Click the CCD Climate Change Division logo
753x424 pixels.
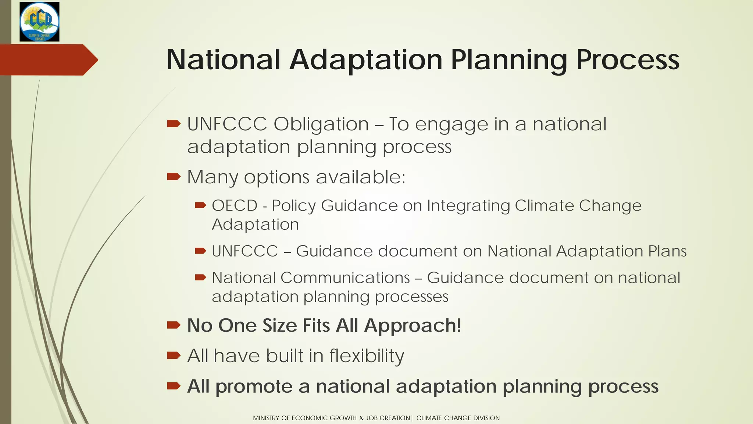[39, 22]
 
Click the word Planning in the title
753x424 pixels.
[509, 60]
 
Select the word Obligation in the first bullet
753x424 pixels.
[321, 124]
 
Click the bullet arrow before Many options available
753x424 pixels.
[174, 177]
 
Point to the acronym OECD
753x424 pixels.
[235, 205]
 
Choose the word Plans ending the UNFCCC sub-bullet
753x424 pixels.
[667, 251]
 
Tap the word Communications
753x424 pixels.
[345, 278]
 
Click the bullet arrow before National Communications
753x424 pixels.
[200, 278]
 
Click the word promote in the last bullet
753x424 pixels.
[262, 387]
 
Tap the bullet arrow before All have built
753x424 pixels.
[174, 356]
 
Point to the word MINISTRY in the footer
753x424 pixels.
[266, 418]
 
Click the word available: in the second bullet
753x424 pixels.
[360, 177]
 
